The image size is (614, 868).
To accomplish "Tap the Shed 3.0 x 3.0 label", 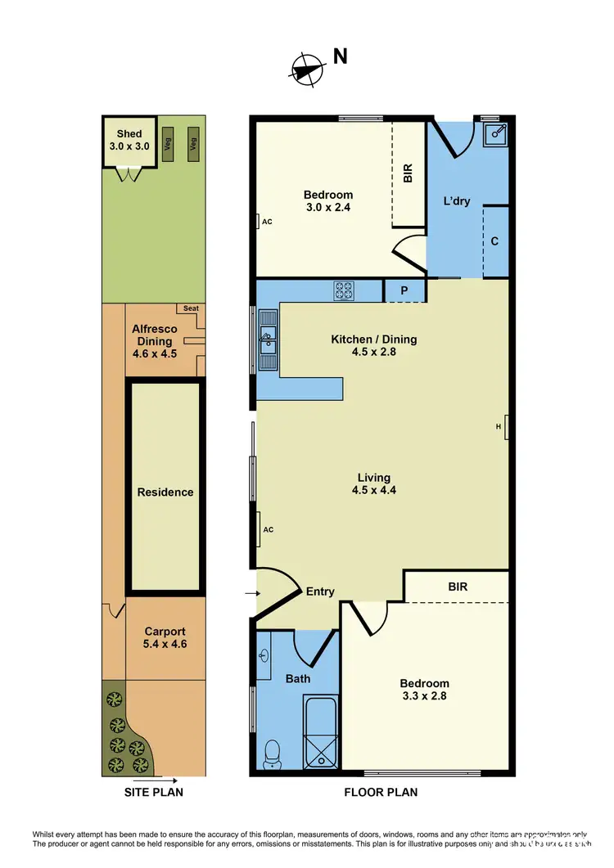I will point(129,140).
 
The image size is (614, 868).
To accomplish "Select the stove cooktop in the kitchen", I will point(343,290).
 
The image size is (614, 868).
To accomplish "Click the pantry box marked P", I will point(404,290).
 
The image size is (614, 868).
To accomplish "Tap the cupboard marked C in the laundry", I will point(495,241).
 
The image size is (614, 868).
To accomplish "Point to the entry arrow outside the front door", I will point(249,593).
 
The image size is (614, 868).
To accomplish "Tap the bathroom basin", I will point(263,656).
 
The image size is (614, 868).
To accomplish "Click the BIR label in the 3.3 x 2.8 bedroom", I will point(458,587).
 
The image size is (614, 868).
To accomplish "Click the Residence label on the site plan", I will point(165,492).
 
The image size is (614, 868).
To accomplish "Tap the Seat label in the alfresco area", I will point(191,308).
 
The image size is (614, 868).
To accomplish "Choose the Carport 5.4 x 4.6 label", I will point(165,637).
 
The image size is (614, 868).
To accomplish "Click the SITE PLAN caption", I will point(153,792).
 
